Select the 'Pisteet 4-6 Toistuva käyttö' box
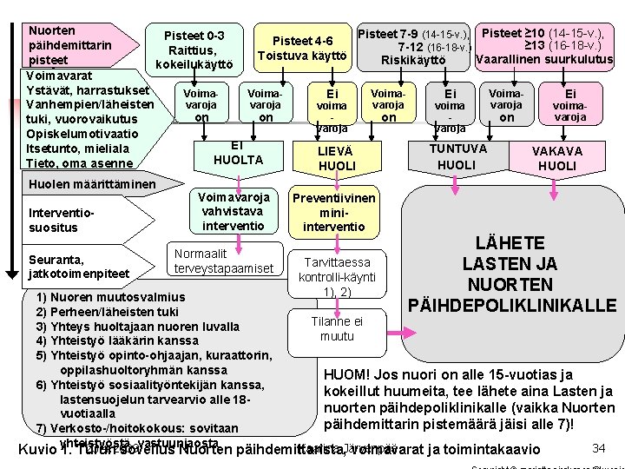[302, 49]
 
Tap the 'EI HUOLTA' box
[238, 153]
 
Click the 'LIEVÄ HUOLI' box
[337, 158]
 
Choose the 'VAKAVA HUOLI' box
[557, 157]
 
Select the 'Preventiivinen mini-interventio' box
[334, 212]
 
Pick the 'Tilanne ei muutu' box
[337, 328]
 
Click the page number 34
[598, 447]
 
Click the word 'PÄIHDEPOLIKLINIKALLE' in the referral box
[513, 305]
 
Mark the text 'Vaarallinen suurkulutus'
[545, 60]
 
